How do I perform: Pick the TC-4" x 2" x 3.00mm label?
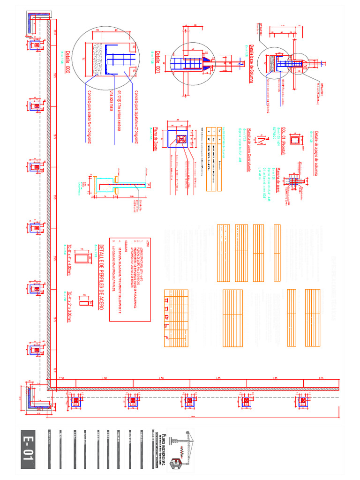click(69, 305)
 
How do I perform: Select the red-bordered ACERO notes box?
click(130, 278)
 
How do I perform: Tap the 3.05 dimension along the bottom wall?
click(321, 378)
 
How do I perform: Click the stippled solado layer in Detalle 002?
click(98, 60)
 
